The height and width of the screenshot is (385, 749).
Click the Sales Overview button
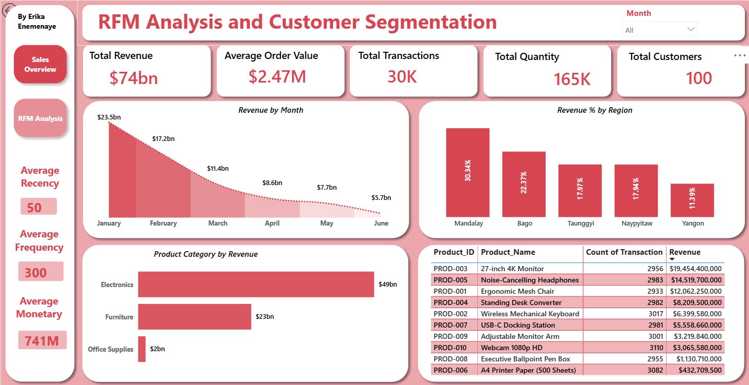tap(40, 64)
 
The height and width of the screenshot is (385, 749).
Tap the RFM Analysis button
tap(40, 118)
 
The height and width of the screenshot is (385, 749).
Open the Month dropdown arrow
tap(691, 29)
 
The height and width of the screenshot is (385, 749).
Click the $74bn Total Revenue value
tap(133, 78)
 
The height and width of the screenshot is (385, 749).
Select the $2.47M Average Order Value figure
tap(277, 76)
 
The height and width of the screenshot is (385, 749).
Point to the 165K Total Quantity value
tap(572, 79)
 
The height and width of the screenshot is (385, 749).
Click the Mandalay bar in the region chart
tap(467, 173)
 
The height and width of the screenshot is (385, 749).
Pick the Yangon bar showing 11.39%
tap(692, 200)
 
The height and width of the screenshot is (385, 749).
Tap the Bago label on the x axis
tap(525, 223)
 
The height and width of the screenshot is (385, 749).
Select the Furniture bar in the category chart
tap(194, 316)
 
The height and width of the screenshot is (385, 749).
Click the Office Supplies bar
tap(142, 349)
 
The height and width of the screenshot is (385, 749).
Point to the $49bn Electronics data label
tap(387, 285)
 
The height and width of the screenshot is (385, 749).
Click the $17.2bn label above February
tap(163, 138)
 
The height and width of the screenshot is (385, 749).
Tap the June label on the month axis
tap(381, 223)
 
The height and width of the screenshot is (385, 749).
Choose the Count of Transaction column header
tap(624, 252)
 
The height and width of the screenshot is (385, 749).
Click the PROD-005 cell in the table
tap(450, 280)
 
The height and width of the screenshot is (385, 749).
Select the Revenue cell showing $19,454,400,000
tap(696, 269)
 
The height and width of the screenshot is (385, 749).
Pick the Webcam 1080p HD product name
tap(511, 348)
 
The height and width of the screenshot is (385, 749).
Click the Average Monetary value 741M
tap(42, 341)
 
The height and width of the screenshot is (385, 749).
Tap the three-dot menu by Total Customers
tap(740, 55)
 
